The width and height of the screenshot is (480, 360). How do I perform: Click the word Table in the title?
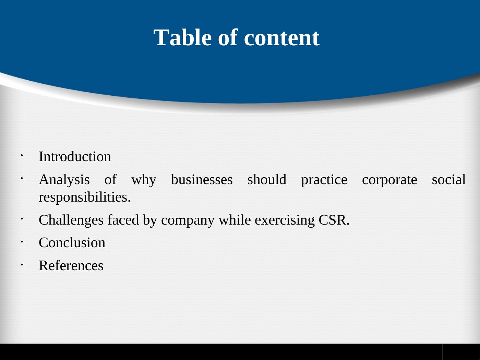[x=182, y=37]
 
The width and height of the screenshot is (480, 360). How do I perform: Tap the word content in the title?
[x=282, y=38]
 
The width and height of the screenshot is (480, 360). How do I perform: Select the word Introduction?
[x=75, y=156]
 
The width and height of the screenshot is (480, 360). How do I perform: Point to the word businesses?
[x=202, y=179]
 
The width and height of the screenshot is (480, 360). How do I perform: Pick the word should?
[x=267, y=179]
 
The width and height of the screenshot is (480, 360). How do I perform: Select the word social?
[x=449, y=179]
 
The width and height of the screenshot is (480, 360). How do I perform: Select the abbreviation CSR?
[x=334, y=220]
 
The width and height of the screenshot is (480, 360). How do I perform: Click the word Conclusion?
[x=72, y=243]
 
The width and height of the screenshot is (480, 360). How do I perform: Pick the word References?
[x=71, y=266]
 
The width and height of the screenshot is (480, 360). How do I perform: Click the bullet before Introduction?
[x=22, y=156]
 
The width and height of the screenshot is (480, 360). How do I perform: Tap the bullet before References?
[x=22, y=265]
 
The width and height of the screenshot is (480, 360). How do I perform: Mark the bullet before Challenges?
[x=22, y=219]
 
